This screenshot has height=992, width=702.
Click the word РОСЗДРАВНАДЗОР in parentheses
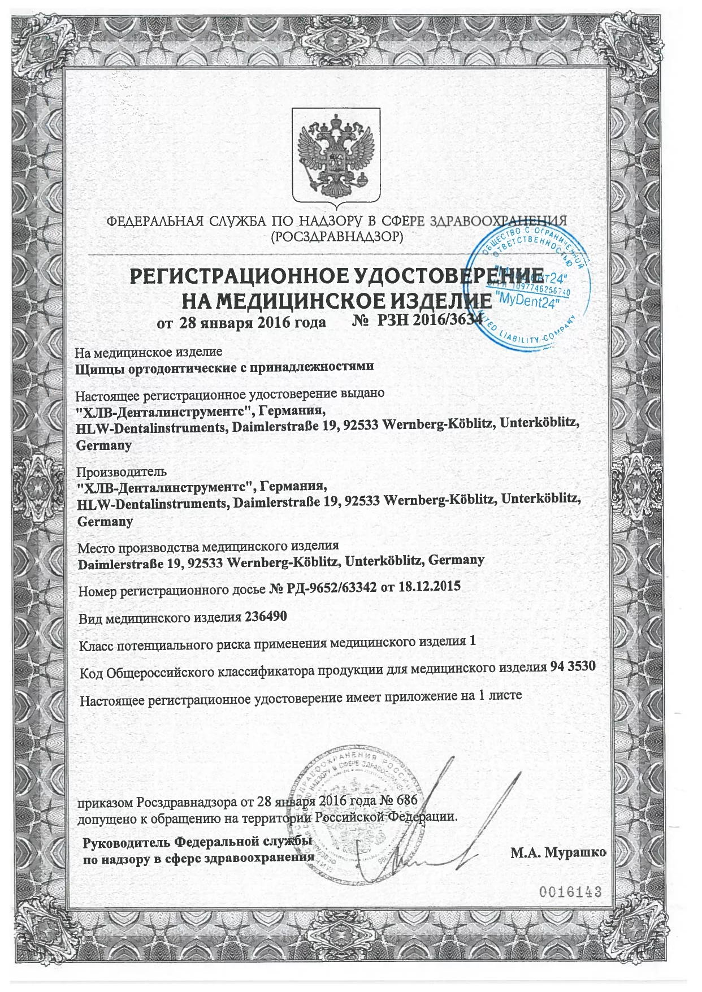point(337,237)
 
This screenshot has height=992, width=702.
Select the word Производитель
point(122,471)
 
